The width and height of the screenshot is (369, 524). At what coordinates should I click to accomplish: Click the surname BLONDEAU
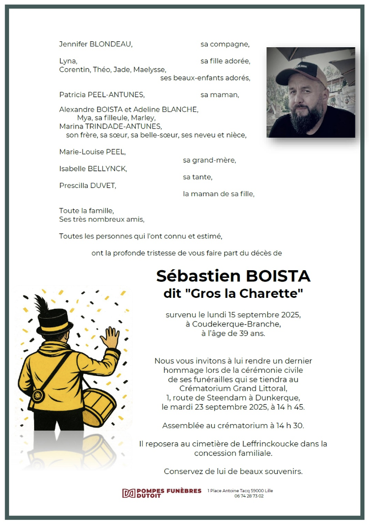(111, 44)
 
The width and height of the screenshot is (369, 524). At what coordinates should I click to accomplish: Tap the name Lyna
(68, 61)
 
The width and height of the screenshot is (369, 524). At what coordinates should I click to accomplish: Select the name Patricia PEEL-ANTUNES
(102, 95)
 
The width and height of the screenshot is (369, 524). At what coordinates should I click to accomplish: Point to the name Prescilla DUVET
(88, 185)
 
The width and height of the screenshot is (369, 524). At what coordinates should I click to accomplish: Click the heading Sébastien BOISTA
(233, 276)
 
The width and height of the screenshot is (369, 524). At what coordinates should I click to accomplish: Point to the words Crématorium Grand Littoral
(233, 388)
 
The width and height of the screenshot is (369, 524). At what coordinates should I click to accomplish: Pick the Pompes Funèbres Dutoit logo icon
(128, 493)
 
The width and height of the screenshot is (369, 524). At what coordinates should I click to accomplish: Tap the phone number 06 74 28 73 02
(249, 496)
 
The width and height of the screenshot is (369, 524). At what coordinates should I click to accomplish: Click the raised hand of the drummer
(110, 338)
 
